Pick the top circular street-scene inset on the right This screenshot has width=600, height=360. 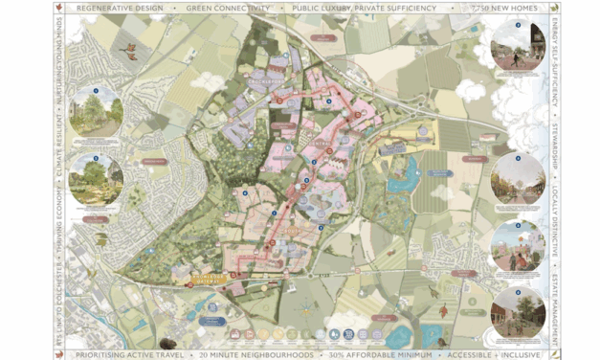tap(517, 45)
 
